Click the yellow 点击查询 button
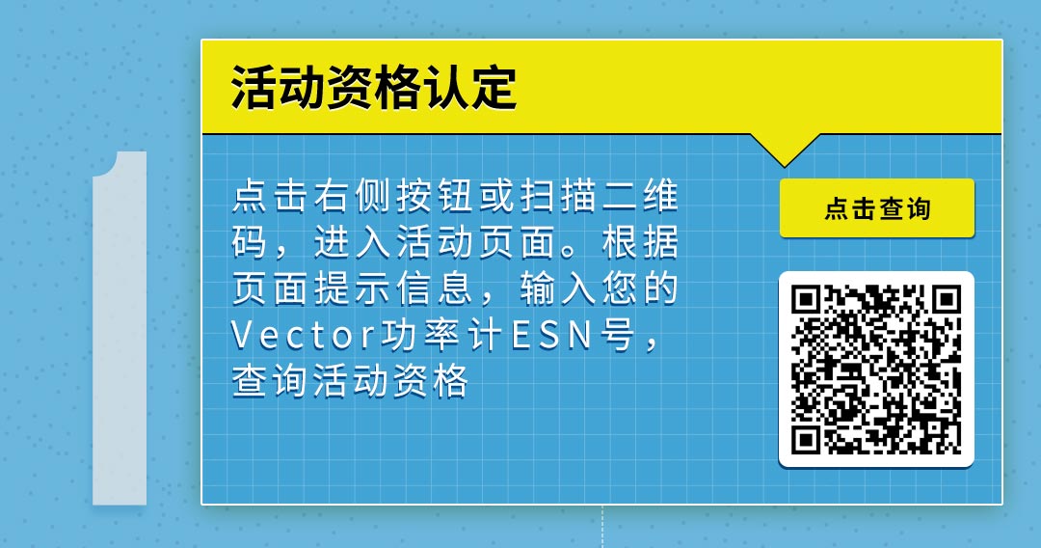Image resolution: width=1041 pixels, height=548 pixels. [x=877, y=207]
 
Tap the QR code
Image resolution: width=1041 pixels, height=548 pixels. [x=876, y=370]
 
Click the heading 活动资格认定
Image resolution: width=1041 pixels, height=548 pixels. [x=373, y=87]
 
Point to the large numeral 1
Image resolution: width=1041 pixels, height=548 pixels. [x=120, y=328]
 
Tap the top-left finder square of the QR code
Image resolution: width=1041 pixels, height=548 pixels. [x=806, y=300]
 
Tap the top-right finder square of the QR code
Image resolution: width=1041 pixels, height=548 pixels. [x=947, y=300]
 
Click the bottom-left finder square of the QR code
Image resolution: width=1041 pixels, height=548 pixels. [x=806, y=440]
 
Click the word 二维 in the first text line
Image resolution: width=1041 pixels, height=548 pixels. [x=641, y=196]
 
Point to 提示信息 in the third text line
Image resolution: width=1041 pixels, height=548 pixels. [x=392, y=288]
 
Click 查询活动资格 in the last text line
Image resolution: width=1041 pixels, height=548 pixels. [x=351, y=382]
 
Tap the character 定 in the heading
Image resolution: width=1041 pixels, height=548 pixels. [x=494, y=87]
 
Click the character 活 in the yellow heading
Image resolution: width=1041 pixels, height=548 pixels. [x=254, y=87]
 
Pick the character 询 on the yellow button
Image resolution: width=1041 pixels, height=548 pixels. [x=919, y=208]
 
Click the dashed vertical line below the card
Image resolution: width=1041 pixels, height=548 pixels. [x=602, y=527]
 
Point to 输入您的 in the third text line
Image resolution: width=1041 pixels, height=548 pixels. [x=599, y=288]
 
